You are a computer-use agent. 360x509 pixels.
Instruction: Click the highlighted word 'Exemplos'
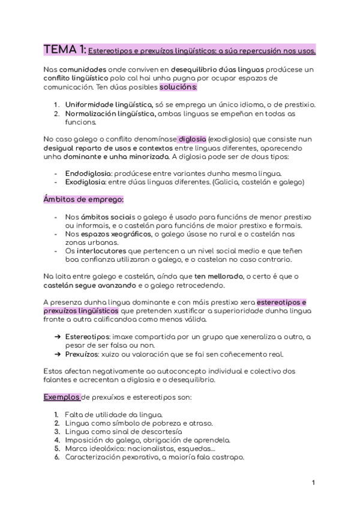point(61,397)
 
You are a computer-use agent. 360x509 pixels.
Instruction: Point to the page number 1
point(314,483)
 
